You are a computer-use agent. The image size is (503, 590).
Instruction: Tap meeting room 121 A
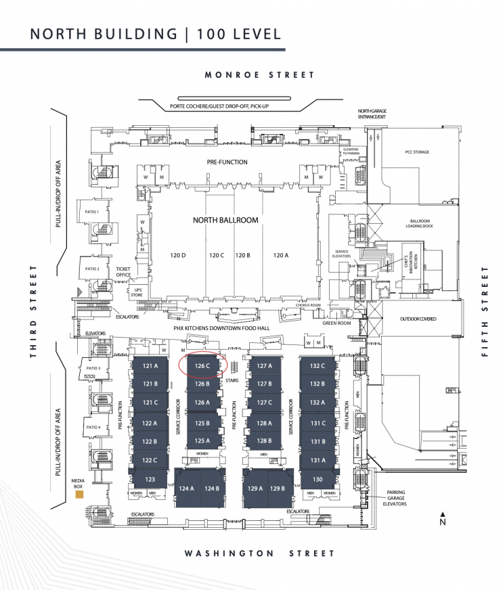(150, 366)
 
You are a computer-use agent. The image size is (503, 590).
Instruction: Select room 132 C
(318, 366)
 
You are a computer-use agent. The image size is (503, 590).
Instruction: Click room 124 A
(186, 489)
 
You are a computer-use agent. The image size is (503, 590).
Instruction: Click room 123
(150, 480)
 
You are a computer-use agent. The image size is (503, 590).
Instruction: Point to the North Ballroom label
(225, 221)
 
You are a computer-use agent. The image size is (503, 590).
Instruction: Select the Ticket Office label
(123, 271)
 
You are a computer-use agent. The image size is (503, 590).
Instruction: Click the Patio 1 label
(92, 212)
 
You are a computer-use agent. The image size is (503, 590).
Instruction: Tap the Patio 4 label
(93, 428)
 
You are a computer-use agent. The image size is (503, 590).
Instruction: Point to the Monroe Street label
(260, 75)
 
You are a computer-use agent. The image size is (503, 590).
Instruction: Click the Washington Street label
(260, 553)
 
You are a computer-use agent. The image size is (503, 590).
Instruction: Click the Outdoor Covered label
(418, 319)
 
